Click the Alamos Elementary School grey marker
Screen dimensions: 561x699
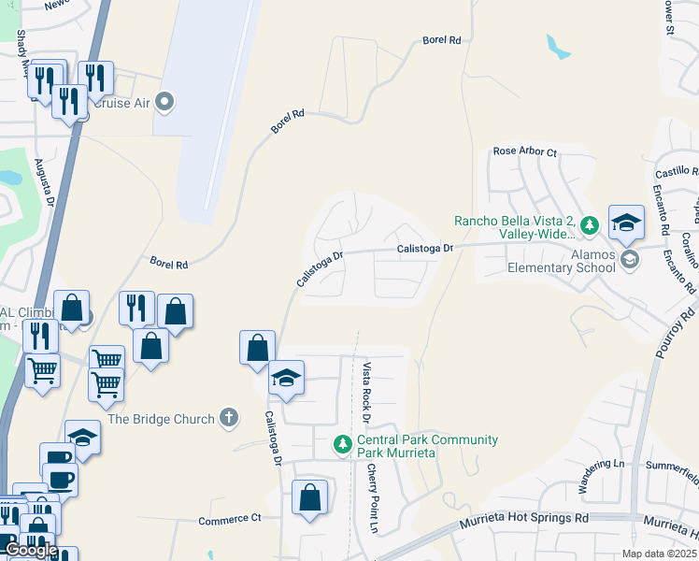coord(628,259)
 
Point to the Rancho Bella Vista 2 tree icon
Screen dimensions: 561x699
coord(589,225)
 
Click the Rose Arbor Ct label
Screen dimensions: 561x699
coord(524,151)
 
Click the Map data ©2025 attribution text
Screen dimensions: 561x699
coord(660,554)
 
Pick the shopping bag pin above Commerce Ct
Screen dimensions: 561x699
coord(309,498)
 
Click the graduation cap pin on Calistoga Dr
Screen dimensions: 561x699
coord(287,379)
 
